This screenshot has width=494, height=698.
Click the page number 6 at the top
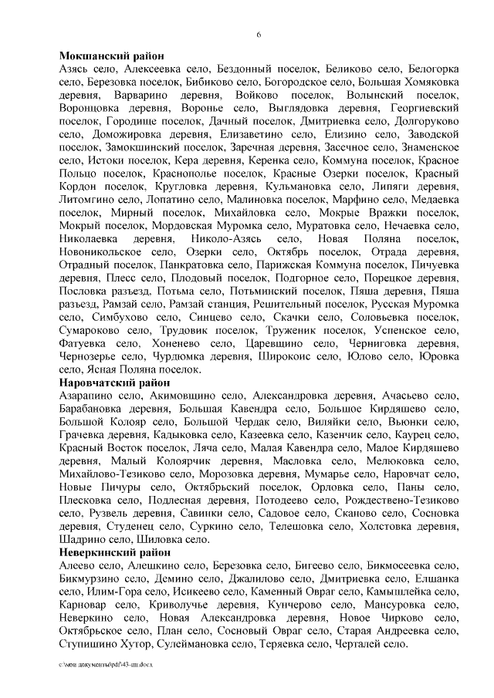259,35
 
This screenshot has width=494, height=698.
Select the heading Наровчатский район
113,383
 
